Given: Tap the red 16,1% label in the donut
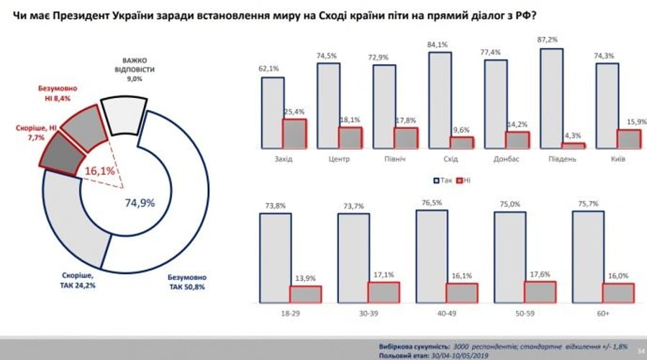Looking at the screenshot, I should pos(100,171).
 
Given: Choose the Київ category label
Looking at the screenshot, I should pos(617,158).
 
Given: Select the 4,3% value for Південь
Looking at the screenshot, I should pos(572,135).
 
